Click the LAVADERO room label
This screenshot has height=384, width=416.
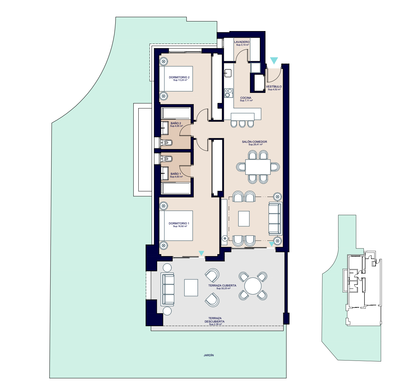pyautogui.click(x=242, y=42)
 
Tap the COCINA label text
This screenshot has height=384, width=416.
pyautogui.click(x=246, y=98)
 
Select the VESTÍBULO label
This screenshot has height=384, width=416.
pyautogui.click(x=274, y=86)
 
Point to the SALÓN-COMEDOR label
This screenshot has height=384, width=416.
pyautogui.click(x=255, y=142)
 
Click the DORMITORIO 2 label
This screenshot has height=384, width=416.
pyautogui.click(x=179, y=77)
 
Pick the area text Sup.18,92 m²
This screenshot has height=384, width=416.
pyautogui.click(x=180, y=226)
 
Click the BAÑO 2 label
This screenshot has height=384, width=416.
pyautogui.click(x=176, y=123)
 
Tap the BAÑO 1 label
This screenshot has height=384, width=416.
pyautogui.click(x=176, y=174)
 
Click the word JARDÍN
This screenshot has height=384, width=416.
pyautogui.click(x=209, y=355)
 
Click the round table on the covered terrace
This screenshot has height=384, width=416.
pyautogui.click(x=253, y=286)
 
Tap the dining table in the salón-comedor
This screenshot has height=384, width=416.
pyautogui.click(x=258, y=167)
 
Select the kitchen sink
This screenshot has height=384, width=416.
pyautogui.click(x=228, y=73)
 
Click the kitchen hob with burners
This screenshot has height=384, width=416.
pyautogui.click(x=228, y=93)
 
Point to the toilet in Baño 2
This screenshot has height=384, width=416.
pyautogui.click(x=166, y=143)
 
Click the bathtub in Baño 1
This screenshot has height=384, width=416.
pyautogui.click(x=176, y=188)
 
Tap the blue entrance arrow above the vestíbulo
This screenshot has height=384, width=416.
pyautogui.click(x=274, y=60)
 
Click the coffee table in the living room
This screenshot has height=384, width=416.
pyautogui.click(x=244, y=218)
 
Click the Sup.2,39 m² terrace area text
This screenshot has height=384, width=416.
pyautogui.click(x=215, y=324)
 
